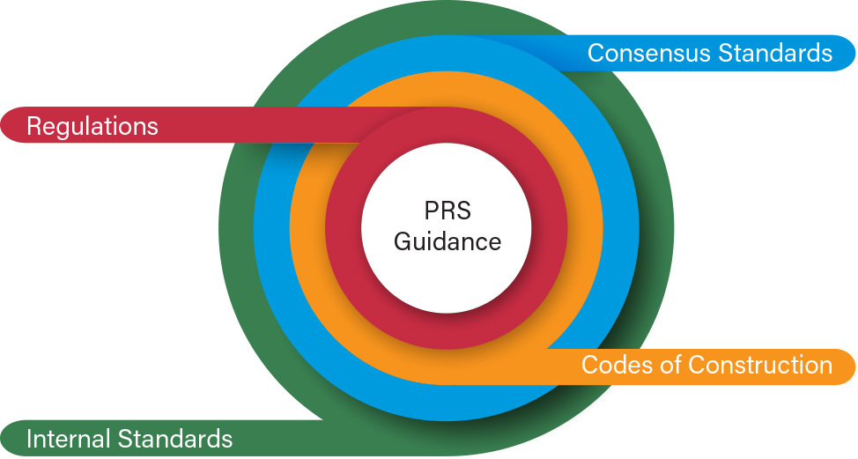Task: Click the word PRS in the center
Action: tap(447, 212)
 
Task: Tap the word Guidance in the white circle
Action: tap(447, 241)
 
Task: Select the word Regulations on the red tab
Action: tap(92, 126)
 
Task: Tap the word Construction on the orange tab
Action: tap(760, 365)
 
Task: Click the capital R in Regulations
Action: tap(34, 126)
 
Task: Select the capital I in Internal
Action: tap(29, 438)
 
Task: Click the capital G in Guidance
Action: tap(403, 241)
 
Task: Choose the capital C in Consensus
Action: tap(596, 53)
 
